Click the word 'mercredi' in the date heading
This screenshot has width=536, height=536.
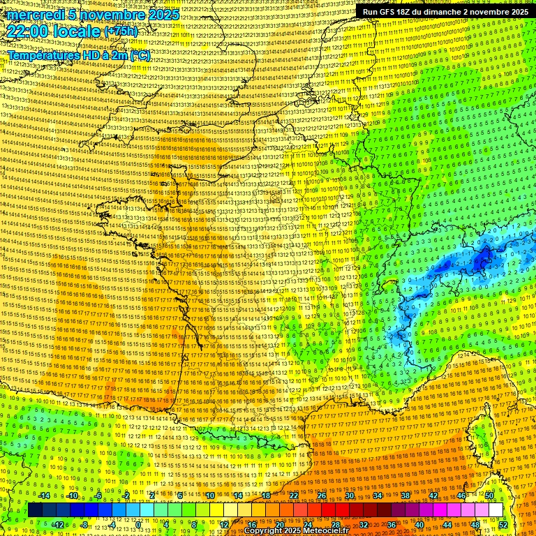pos(30,15)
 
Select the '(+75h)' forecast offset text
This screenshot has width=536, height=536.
pos(121,31)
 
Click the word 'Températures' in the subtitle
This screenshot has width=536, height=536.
pos(44,54)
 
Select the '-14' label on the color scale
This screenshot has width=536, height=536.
pos(43,496)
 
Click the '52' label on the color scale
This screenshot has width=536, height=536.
pos(502,524)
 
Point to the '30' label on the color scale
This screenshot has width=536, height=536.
pos(350,496)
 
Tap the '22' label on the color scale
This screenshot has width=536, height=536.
pos(294,496)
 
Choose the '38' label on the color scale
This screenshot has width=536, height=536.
pos(405,496)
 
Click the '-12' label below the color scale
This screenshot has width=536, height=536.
pos(57,524)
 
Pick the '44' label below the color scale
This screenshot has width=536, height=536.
pos(447,524)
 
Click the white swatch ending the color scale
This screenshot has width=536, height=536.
pos(496,510)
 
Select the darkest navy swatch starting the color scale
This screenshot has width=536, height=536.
pos(35,510)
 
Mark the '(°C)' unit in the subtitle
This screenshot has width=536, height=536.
pos(138,54)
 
